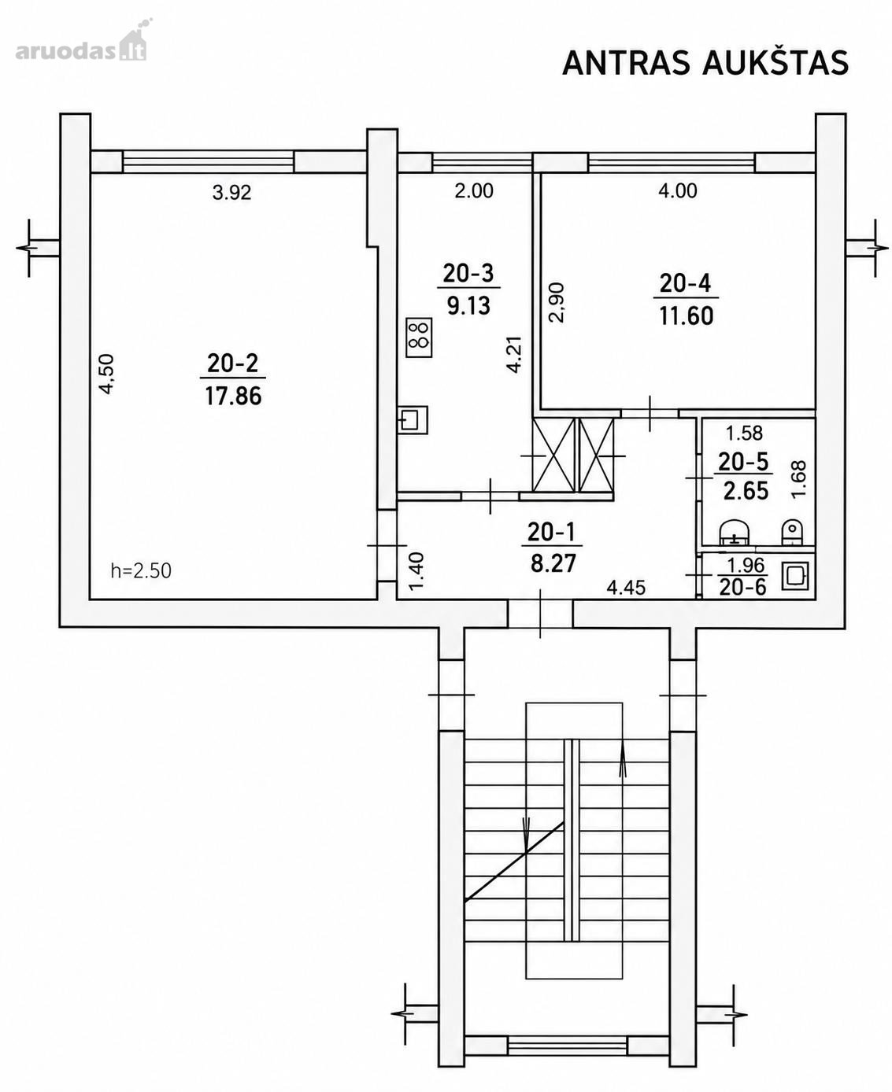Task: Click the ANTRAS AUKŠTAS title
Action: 705,63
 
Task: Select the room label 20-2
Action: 232,363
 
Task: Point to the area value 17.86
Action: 233,397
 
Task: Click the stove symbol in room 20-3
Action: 419,337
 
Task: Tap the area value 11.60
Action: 686,315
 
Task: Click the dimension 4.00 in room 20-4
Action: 677,191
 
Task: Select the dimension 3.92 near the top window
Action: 231,193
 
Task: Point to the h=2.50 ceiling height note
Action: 141,570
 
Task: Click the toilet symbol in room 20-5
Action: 791,533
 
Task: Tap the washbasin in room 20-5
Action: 735,533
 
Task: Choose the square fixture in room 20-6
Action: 794,576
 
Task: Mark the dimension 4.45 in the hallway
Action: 626,587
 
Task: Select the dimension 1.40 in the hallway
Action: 416,571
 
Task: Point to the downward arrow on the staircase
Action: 526,836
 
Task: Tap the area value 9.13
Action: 468,305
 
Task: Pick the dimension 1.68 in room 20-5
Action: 798,479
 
